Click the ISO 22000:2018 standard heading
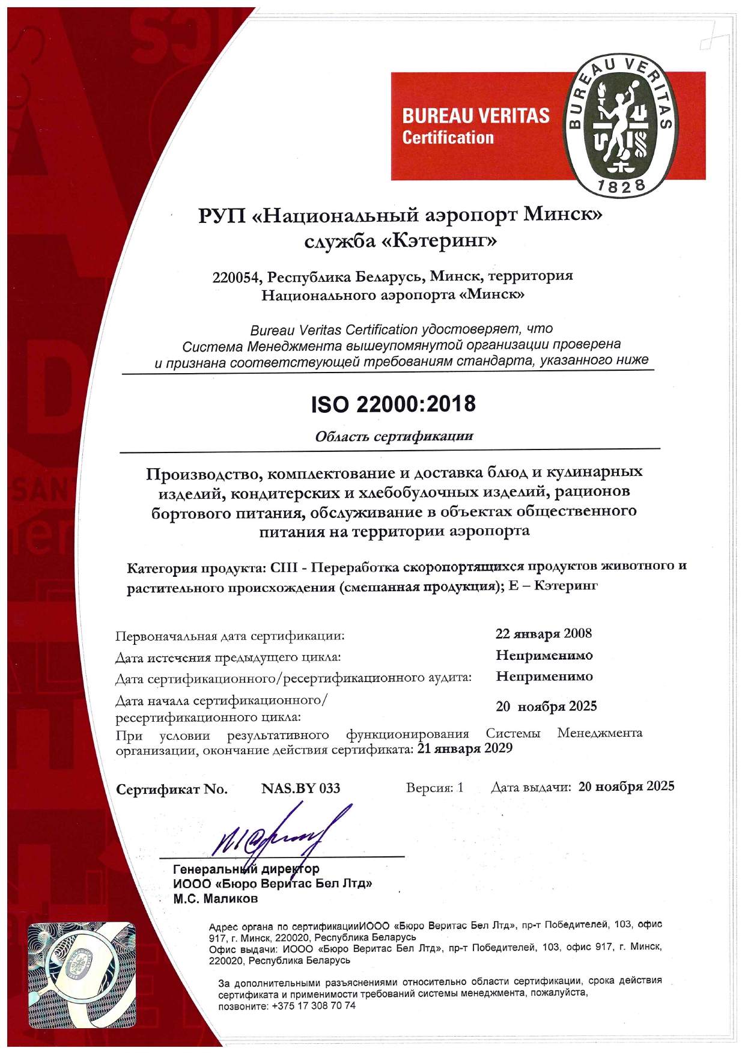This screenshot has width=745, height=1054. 393,404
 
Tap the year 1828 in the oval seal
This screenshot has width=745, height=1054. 621,186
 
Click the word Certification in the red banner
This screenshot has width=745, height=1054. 448,138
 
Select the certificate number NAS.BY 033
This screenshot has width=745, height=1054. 300,788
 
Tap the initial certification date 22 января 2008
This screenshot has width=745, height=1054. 543,634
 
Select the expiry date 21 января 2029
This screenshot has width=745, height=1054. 464,748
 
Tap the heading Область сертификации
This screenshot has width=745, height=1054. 394,436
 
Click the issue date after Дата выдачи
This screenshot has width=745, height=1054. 626,787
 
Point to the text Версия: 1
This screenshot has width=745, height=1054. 434,788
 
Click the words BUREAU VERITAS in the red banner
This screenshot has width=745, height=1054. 476,115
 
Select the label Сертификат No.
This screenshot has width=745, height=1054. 172,789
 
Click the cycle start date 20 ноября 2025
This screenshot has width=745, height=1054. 546,706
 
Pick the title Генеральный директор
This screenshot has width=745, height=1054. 246,869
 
